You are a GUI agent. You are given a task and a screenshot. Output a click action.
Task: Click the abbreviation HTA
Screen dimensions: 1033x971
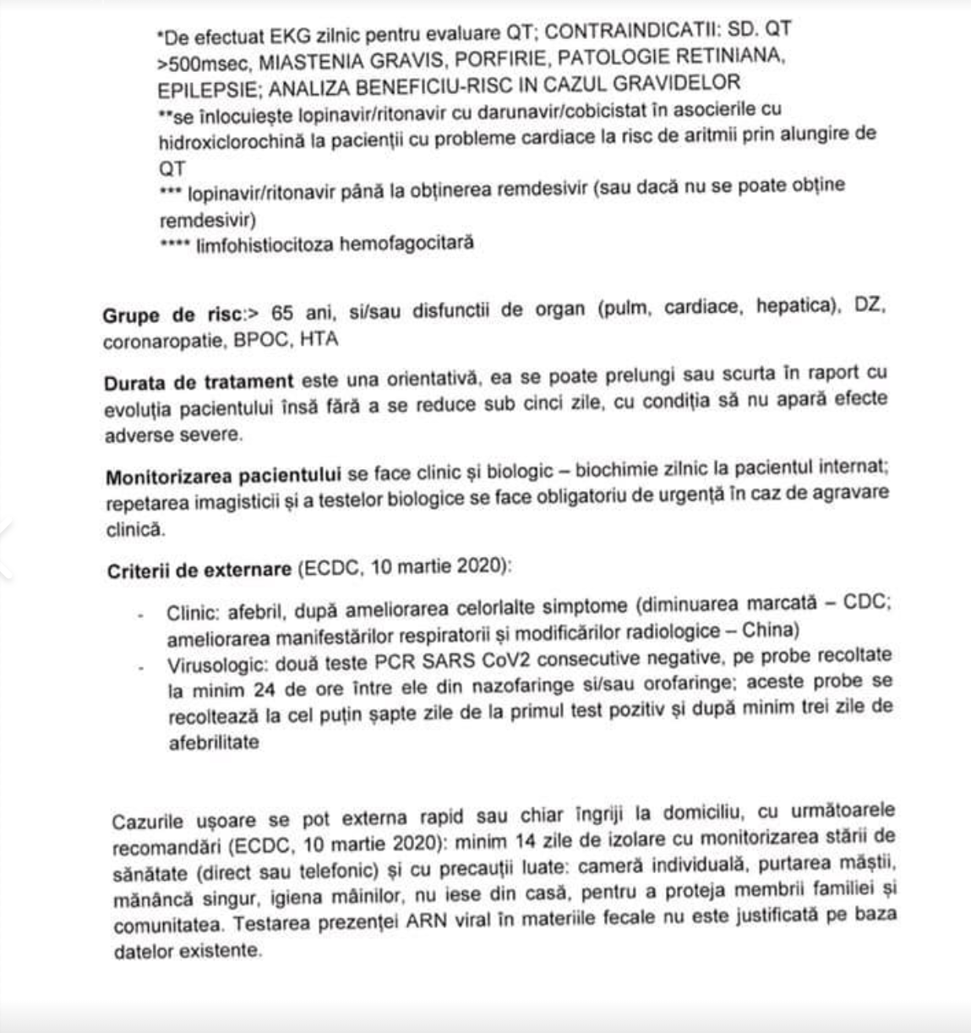pos(319,339)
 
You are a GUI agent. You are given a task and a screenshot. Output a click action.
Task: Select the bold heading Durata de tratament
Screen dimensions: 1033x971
pos(199,382)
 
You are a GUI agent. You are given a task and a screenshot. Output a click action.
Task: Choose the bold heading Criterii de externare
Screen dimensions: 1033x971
pos(199,571)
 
